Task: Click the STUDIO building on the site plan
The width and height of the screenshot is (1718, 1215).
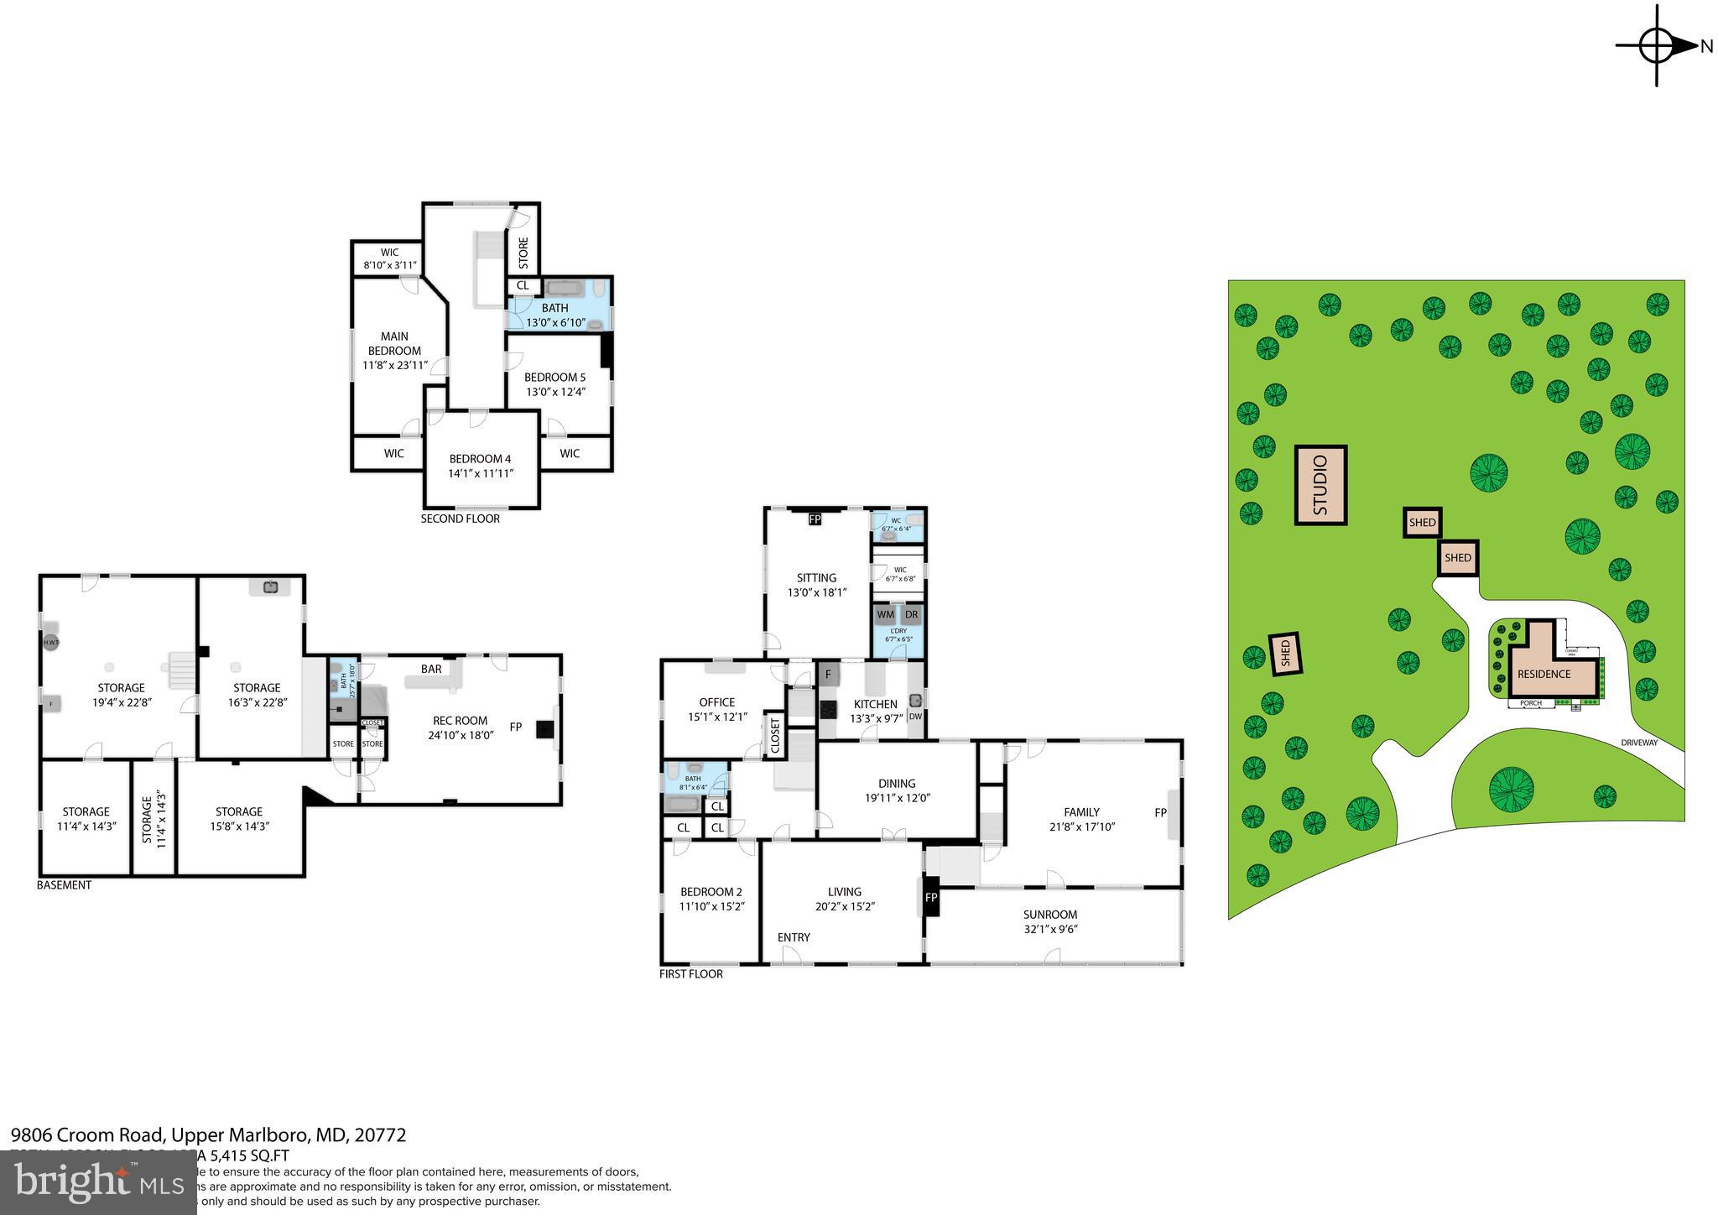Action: [1321, 485]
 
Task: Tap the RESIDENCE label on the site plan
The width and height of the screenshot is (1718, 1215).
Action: [1544, 674]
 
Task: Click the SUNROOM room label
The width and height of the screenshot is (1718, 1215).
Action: [1049, 915]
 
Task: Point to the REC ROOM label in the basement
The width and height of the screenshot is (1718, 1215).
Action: [460, 720]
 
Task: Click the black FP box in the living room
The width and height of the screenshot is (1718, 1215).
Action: [931, 897]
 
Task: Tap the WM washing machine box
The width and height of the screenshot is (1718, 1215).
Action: [885, 614]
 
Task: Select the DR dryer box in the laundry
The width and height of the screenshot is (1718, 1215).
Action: [912, 614]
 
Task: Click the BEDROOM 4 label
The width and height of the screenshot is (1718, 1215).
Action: [480, 459]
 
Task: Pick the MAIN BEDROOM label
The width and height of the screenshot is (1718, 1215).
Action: [394, 343]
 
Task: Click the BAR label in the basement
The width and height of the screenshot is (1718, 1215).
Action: [431, 669]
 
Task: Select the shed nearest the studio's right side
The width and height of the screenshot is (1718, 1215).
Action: [1422, 522]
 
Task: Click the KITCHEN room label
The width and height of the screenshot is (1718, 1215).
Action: [875, 704]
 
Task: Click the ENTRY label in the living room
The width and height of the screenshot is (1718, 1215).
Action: [794, 937]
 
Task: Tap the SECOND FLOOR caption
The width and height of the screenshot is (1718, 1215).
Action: [460, 519]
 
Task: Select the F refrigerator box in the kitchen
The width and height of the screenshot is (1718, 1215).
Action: [828, 674]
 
